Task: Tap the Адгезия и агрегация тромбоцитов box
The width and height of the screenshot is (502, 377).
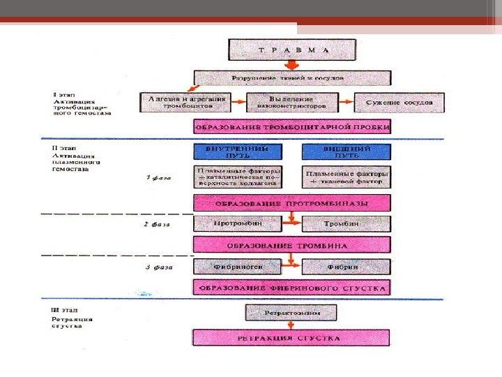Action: click(187, 103)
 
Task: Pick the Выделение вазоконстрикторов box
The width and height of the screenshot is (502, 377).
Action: click(291, 103)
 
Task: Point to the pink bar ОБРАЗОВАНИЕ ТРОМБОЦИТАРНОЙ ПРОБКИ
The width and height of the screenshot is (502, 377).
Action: click(291, 127)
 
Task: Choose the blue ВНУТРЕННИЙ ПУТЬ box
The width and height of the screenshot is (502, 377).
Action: click(238, 151)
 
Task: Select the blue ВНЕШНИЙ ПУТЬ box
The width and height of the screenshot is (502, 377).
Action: click(346, 151)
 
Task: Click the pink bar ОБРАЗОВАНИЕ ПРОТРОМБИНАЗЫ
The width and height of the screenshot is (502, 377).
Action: click(291, 203)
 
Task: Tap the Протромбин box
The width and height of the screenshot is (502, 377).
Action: click(238, 224)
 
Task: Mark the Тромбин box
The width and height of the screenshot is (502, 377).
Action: click(346, 224)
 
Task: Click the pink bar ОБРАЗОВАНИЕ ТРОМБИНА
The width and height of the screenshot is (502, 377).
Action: click(291, 244)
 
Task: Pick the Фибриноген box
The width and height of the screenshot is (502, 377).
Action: click(238, 267)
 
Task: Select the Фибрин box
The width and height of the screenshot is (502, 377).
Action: click(346, 267)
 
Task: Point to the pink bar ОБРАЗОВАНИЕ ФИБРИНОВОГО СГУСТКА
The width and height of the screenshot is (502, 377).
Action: click(291, 288)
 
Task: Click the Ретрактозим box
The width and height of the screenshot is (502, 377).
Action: click(291, 313)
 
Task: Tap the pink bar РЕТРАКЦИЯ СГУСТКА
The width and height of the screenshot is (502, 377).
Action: click(291, 339)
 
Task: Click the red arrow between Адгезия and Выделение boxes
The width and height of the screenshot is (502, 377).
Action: click(239, 103)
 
